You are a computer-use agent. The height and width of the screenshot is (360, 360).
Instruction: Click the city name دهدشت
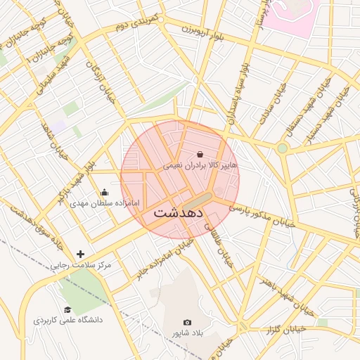click(179, 212)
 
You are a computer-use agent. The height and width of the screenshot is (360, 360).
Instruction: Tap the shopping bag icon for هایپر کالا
click(200, 154)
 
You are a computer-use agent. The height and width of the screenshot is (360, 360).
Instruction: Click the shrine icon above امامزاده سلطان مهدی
click(105, 192)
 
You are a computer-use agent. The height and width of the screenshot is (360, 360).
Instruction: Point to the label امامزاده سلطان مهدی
click(105, 203)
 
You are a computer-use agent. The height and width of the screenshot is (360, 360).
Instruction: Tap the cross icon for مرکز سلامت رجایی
click(81, 254)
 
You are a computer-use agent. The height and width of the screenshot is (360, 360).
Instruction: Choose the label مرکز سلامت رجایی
click(81, 266)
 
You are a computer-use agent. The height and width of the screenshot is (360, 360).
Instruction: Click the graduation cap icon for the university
click(67, 309)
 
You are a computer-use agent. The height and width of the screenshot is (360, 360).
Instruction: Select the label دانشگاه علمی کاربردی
click(67, 320)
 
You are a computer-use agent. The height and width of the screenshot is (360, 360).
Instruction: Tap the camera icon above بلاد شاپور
click(187, 322)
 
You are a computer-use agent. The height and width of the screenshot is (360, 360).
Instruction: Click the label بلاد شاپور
click(187, 333)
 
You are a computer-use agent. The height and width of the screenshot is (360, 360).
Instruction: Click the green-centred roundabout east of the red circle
click(282, 148)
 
